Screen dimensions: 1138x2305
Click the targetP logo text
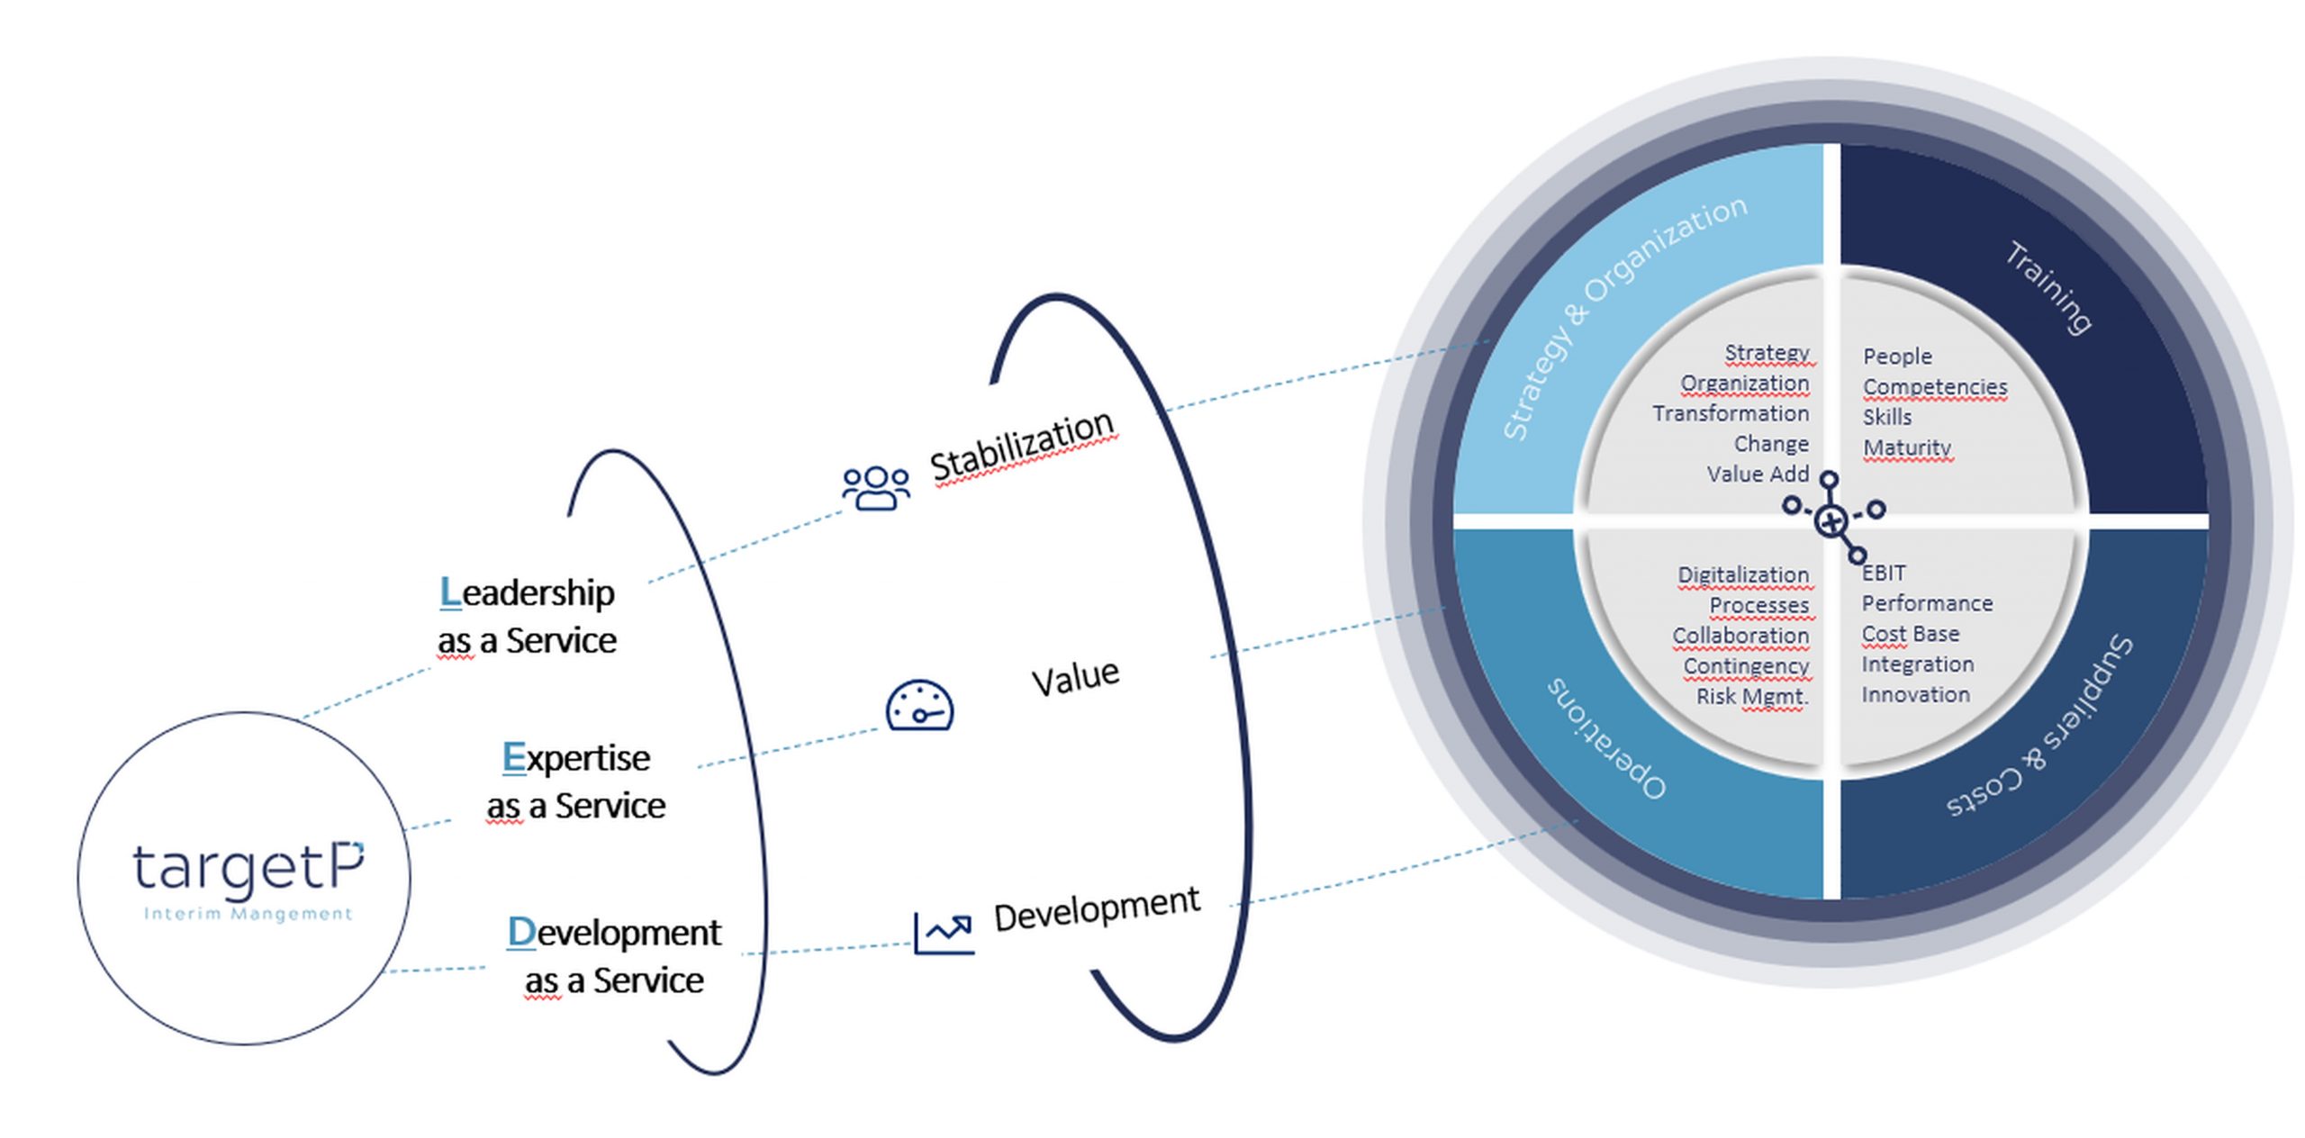[248, 868]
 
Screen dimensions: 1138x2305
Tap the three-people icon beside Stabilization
[875, 488]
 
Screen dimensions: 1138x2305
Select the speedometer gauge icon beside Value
[919, 705]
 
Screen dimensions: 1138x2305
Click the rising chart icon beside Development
[943, 933]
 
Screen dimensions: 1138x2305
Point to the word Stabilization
[1022, 446]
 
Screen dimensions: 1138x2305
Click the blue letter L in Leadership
[449, 592]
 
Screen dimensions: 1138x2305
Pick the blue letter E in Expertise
[513, 757]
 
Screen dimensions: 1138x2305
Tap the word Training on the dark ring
[2047, 287]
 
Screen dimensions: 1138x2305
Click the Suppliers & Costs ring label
[2039, 727]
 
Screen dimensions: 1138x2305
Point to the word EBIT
[1884, 573]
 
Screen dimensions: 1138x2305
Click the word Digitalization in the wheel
[1742, 574]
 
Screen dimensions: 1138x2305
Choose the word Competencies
[1934, 386]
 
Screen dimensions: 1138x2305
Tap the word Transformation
[1730, 413]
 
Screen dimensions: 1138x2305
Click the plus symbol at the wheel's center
[1830, 520]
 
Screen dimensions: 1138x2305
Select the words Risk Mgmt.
[1752, 696]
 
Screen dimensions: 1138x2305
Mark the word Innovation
[1915, 694]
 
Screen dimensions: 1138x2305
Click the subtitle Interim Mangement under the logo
[248, 914]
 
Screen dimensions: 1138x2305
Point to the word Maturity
[1906, 447]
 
